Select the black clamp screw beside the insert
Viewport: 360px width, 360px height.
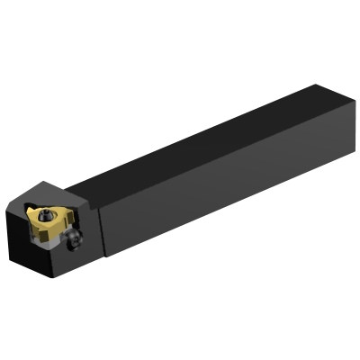(x=77, y=238)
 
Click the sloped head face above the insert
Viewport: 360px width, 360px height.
(x=56, y=192)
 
